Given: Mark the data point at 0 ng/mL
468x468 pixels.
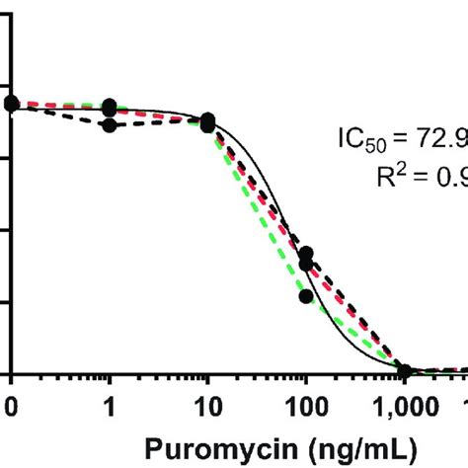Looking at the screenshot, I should point(11,103).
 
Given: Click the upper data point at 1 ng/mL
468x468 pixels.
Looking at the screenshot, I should point(110,107).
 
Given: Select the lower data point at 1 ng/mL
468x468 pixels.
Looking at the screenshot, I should point(110,124).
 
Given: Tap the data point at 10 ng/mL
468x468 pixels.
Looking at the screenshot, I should point(207,121).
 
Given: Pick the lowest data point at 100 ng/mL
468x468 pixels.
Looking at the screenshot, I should point(306,295).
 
